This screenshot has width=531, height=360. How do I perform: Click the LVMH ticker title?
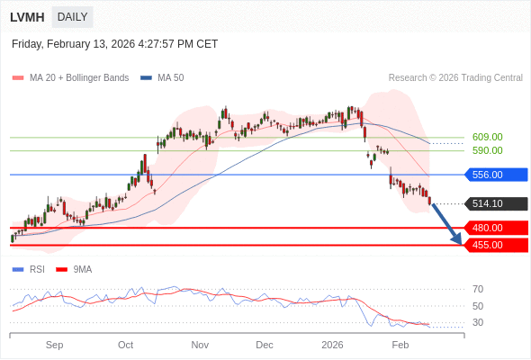point(27,17)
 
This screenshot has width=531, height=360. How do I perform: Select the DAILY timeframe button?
point(72,17)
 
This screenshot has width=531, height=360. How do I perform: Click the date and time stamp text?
point(114,44)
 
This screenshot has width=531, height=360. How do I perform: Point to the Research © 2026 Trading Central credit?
point(455,78)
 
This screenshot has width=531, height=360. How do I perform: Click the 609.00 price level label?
point(487,138)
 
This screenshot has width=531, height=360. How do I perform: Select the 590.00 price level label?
point(487,151)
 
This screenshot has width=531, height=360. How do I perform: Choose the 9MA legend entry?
point(82,269)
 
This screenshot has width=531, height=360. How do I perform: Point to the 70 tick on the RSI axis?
point(478,290)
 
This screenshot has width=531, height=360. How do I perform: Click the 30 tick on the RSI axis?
point(478,322)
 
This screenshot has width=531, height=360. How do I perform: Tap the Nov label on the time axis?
point(200,345)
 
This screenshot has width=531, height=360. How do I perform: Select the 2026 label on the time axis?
point(333,345)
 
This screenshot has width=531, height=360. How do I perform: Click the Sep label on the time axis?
point(54,345)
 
